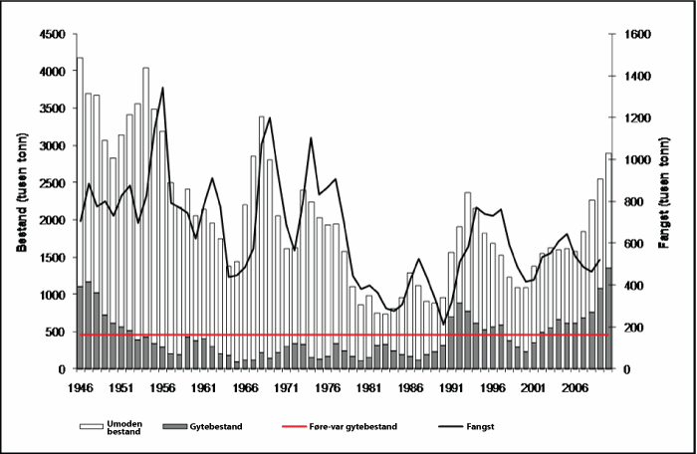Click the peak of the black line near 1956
point(162,88)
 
